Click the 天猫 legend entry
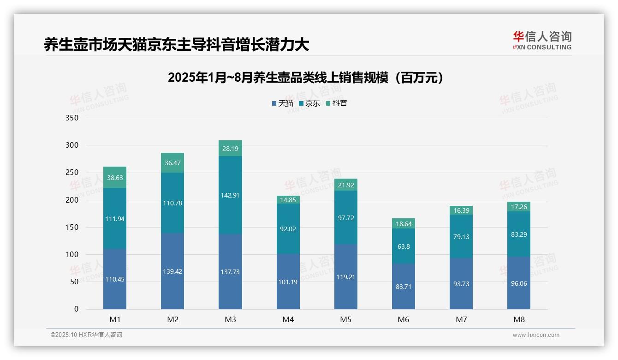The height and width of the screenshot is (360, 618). click(283, 103)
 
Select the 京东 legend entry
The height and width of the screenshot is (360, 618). click(309, 103)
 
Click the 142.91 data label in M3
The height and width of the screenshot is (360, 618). click(230, 195)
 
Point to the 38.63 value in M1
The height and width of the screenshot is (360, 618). click(115, 177)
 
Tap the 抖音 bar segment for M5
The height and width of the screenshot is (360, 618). click(346, 185)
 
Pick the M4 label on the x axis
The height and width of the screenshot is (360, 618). click(288, 319)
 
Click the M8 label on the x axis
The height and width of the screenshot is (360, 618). click(519, 319)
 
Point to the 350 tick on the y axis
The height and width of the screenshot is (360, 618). click(72, 118)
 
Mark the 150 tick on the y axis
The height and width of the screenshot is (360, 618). click(72, 228)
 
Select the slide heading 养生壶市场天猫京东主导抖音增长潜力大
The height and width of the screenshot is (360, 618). click(176, 45)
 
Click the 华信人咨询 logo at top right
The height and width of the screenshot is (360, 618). click(542, 40)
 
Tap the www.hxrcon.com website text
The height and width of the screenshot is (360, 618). click(536, 335)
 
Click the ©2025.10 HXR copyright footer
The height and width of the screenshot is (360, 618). click(86, 335)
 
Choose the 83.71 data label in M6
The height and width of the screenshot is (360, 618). click(404, 287)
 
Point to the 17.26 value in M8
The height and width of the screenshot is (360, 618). click(519, 207)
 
